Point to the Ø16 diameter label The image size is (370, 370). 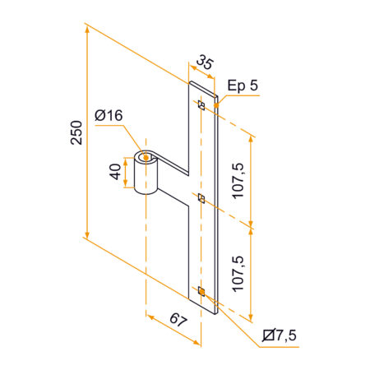[x=109, y=116]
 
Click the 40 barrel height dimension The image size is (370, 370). [x=116, y=171]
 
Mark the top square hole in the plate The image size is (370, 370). [x=201, y=105]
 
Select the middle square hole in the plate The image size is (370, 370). [x=201, y=197]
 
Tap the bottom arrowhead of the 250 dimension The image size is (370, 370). [x=86, y=236]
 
